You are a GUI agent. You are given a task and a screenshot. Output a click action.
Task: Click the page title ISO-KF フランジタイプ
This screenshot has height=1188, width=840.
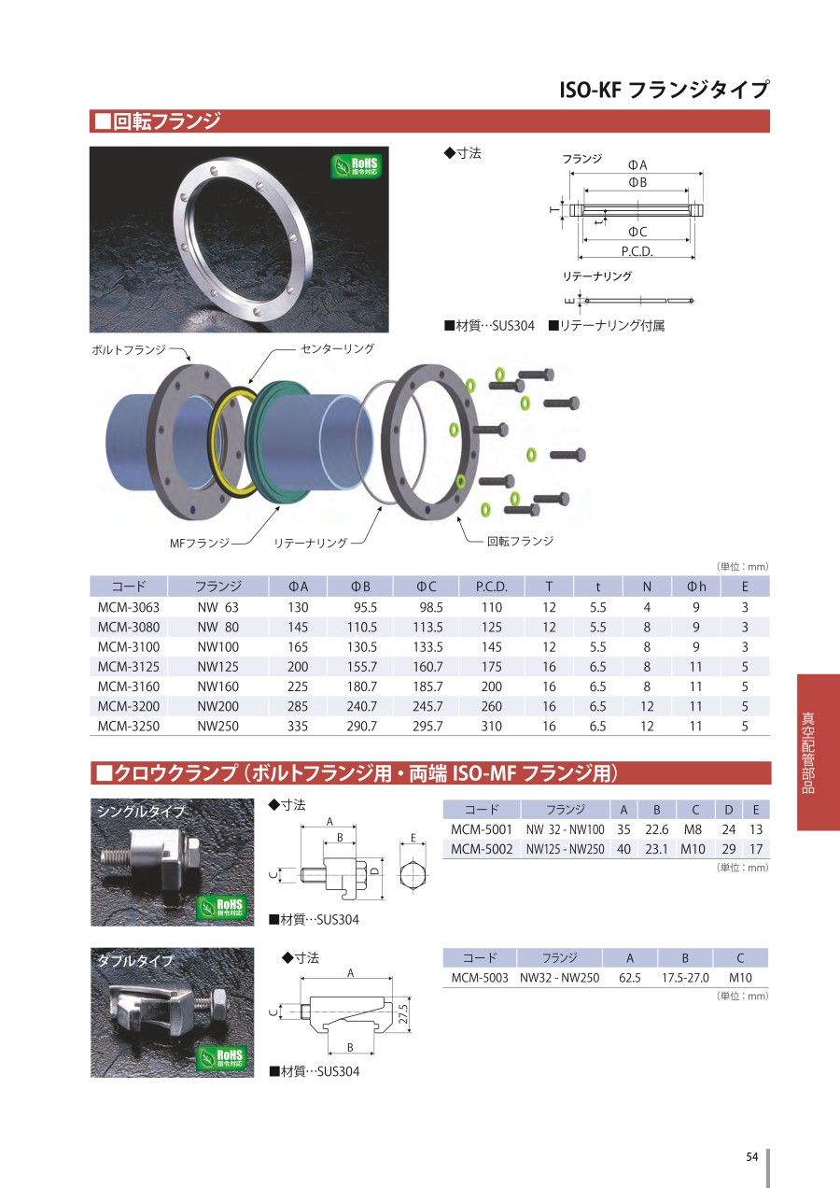tap(664, 90)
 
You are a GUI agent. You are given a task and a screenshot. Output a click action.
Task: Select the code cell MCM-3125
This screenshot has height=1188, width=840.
tap(128, 667)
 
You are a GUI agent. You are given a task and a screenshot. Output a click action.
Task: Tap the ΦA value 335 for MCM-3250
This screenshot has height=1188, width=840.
tap(298, 726)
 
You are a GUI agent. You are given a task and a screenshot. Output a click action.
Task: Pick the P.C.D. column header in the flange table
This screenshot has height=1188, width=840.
tap(491, 587)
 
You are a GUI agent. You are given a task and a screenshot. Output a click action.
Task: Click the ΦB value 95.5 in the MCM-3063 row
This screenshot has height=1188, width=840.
tap(365, 607)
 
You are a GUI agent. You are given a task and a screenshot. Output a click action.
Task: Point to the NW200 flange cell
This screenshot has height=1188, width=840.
tap(217, 706)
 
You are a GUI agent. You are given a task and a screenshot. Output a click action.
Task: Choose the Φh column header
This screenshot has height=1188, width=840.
tap(696, 587)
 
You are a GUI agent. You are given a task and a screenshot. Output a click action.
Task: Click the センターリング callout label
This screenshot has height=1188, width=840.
tap(337, 348)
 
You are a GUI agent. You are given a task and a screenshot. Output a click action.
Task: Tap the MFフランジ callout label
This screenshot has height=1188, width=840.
tap(200, 543)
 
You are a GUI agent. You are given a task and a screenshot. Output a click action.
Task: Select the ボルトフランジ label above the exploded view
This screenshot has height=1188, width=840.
tap(129, 349)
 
